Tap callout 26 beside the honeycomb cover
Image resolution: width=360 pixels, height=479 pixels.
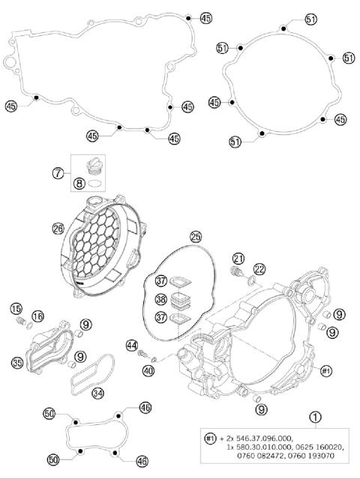pos(58,229)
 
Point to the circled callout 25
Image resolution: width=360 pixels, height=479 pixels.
pos(195,237)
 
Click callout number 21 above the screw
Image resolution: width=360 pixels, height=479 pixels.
pos(238,259)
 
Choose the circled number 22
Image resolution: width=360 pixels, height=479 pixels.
pos(259,269)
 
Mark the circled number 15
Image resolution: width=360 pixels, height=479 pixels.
pos(16,309)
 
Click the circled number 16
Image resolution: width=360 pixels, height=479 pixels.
pos(37,317)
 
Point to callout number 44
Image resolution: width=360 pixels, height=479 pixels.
pos(132,346)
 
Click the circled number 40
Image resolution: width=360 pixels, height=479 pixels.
pos(149,370)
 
